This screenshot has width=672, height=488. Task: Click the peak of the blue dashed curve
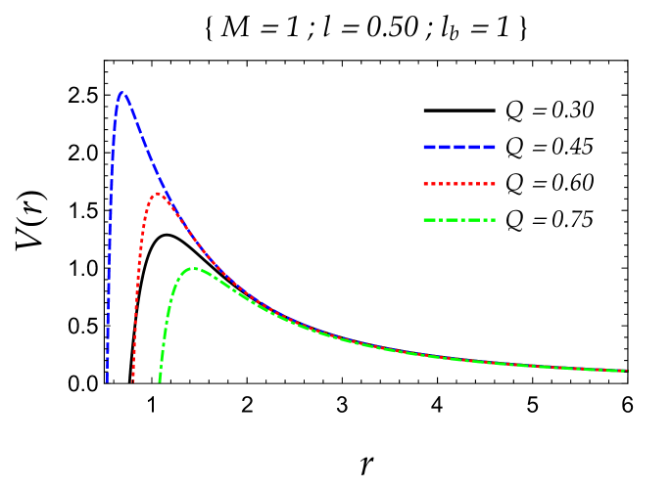tap(121, 94)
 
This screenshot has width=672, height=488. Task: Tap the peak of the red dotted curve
tap(157, 194)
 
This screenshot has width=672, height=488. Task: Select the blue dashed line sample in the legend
tap(458, 148)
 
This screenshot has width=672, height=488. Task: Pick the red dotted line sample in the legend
tap(458, 184)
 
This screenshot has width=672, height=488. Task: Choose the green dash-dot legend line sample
tap(458, 220)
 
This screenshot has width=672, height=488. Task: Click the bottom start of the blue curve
tap(107, 379)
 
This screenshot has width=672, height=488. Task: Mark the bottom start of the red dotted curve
tap(133, 379)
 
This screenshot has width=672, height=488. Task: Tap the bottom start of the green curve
tap(160, 379)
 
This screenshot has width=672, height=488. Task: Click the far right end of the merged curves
tap(625, 371)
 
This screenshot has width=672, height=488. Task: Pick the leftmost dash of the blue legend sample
tap(429, 148)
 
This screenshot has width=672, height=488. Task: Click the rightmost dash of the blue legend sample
tap(489, 148)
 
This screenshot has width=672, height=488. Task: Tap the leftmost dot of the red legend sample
tap(426, 184)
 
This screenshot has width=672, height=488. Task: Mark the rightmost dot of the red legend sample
tap(493, 184)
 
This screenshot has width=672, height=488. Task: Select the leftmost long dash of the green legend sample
tap(430, 220)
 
